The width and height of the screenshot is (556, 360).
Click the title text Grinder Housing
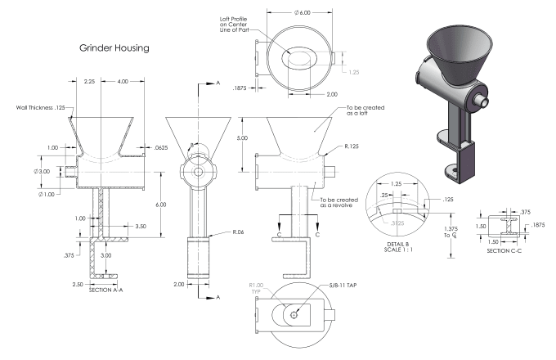(114, 48)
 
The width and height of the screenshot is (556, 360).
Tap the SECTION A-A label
(105, 290)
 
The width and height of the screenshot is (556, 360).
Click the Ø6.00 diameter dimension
(303, 13)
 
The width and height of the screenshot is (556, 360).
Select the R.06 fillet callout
(238, 232)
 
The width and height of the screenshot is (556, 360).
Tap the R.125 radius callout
(353, 145)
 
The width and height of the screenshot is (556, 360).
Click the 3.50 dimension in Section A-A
(141, 225)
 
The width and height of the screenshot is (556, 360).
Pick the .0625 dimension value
(161, 149)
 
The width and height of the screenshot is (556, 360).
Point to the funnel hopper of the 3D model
(454, 49)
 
